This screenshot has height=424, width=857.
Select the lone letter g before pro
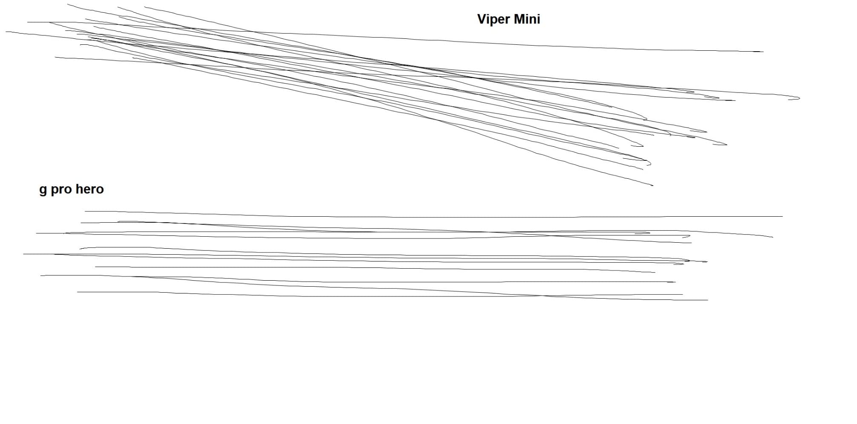pyautogui.click(x=43, y=190)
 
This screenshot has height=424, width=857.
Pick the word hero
pyautogui.click(x=89, y=189)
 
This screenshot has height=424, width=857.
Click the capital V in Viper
pyautogui.click(x=482, y=19)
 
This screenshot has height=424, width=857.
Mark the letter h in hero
pyautogui.click(x=79, y=189)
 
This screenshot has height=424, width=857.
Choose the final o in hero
pyautogui.click(x=100, y=190)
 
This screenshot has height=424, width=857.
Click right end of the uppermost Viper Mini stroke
pyautogui.click(x=763, y=52)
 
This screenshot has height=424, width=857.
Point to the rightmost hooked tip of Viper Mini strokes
pyautogui.click(x=799, y=98)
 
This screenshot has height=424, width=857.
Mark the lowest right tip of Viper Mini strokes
pyautogui.click(x=653, y=186)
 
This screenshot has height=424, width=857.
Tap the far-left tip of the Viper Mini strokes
pyautogui.click(x=6, y=32)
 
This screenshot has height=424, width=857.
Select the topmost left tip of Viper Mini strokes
pyautogui.click(x=68, y=5)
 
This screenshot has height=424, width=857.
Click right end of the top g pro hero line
pyautogui.click(x=782, y=216)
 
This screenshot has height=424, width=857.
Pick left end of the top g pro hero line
pyautogui.click(x=85, y=211)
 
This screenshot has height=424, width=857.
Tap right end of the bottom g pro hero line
pyautogui.click(x=707, y=300)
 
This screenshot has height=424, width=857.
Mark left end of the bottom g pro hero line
pyautogui.click(x=77, y=292)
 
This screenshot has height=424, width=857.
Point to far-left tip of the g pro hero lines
pyautogui.click(x=23, y=254)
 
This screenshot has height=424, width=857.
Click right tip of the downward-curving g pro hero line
pyautogui.click(x=773, y=237)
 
